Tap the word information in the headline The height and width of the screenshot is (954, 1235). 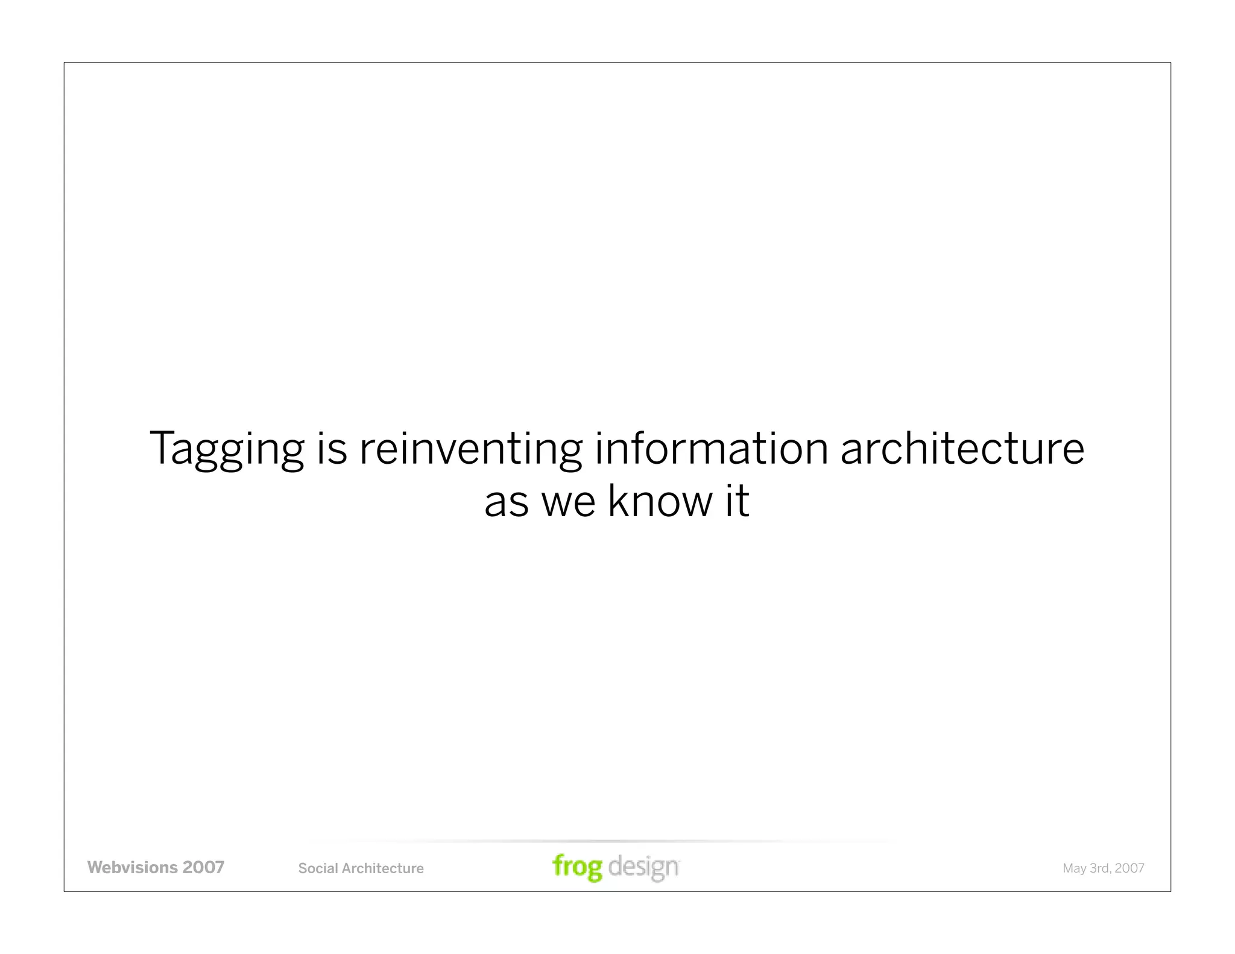point(712,449)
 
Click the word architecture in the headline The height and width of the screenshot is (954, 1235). point(962,449)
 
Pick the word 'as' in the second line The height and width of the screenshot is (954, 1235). point(507,502)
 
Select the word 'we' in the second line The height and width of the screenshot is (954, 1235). point(568,502)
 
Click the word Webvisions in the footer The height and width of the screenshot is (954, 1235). point(132,868)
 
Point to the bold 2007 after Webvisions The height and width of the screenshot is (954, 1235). point(203,868)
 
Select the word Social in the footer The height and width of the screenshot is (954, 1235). point(318,868)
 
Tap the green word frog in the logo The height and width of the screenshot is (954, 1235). point(577,867)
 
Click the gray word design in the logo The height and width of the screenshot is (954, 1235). point(643,867)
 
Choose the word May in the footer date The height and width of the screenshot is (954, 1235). point(1075,869)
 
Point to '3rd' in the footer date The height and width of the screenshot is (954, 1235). point(1100,868)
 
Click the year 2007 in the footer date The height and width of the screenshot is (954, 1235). point(1129,868)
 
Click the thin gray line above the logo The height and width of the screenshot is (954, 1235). point(603,841)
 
